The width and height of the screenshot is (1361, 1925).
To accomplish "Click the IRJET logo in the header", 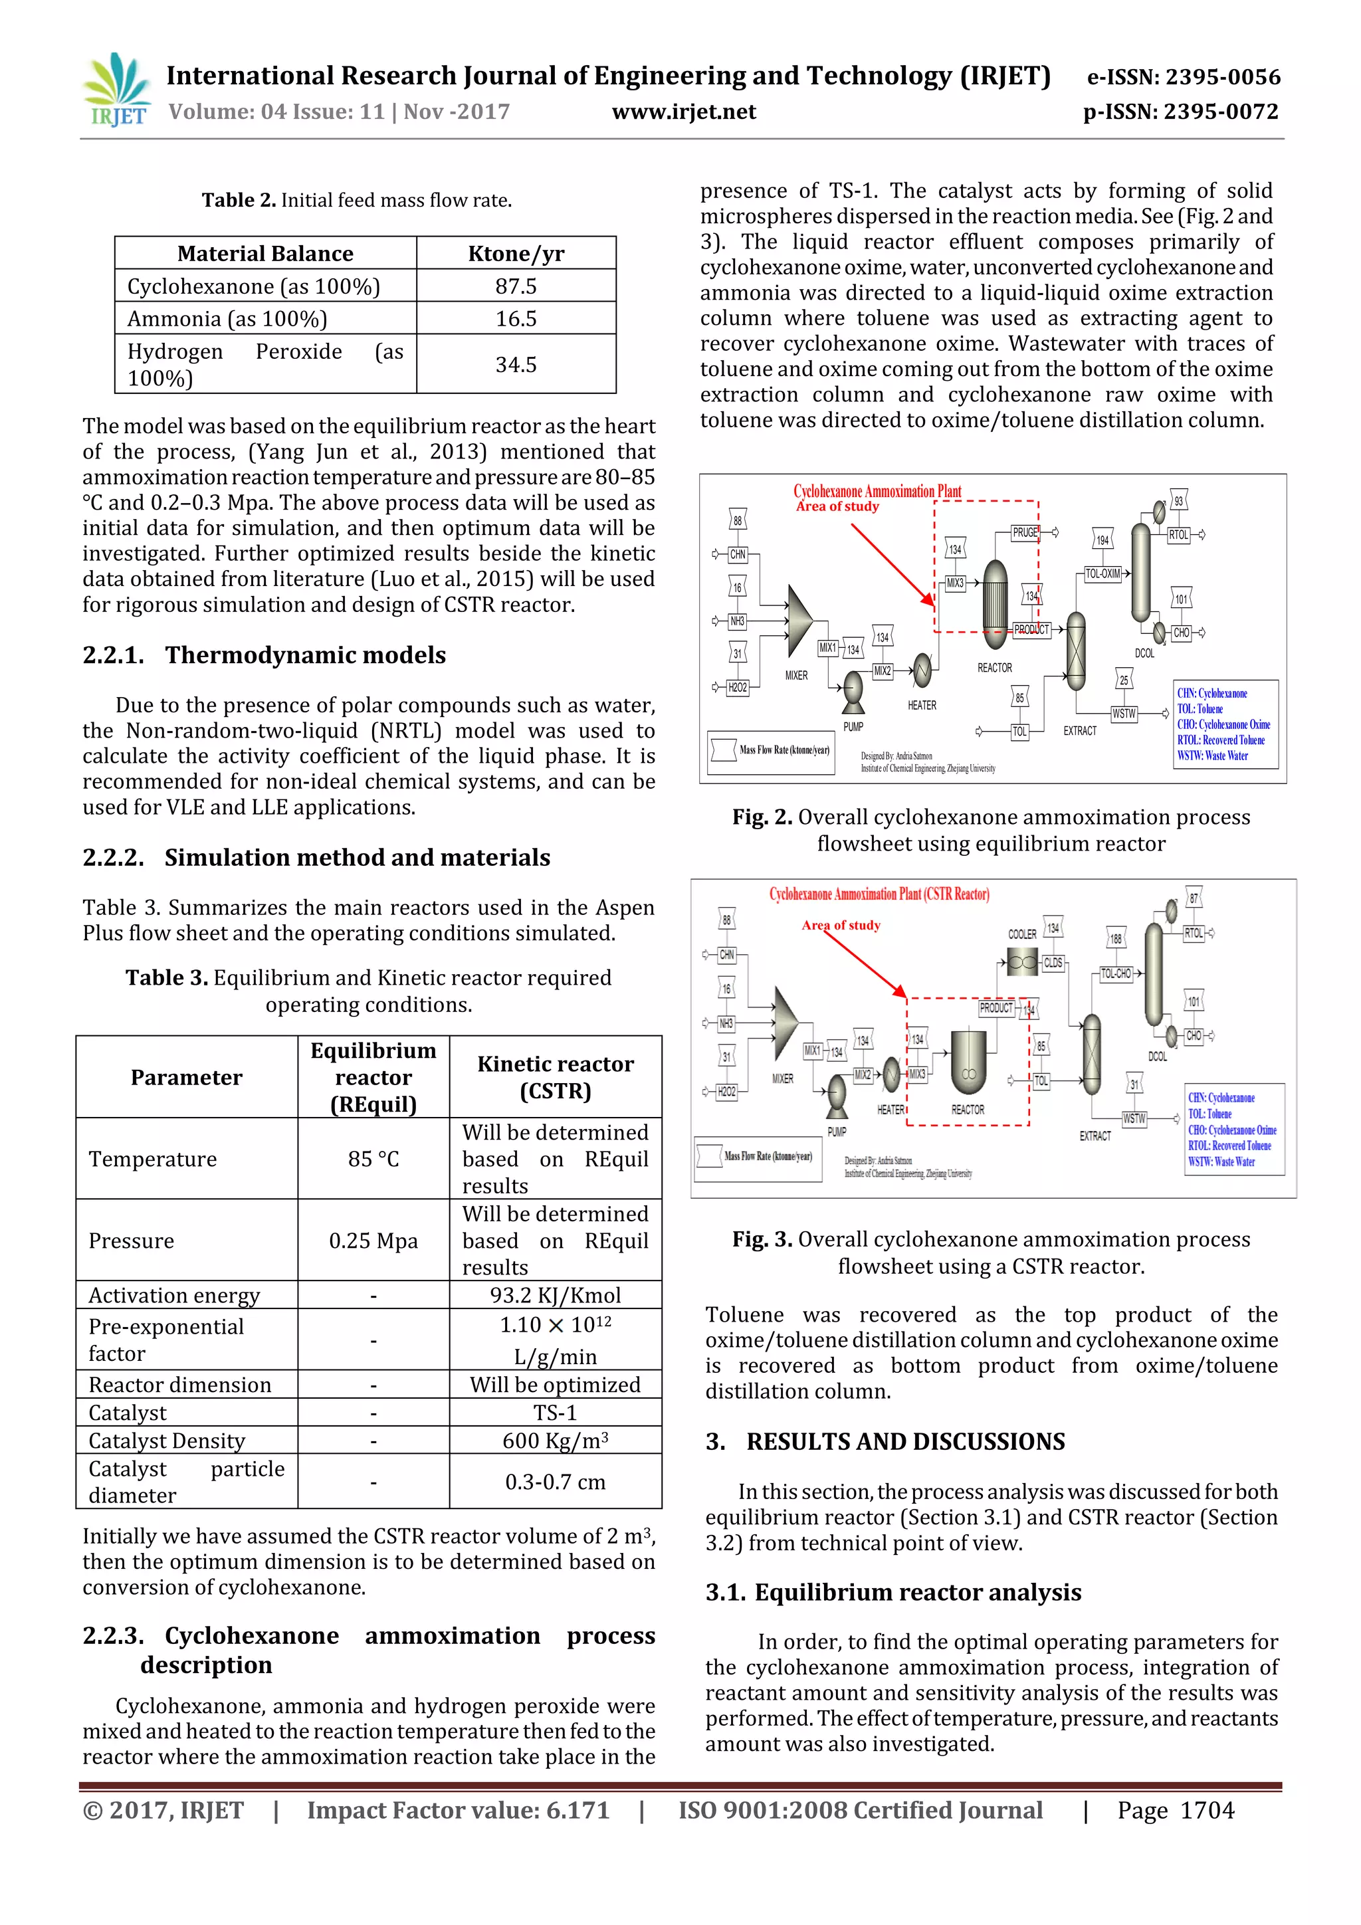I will tap(118, 90).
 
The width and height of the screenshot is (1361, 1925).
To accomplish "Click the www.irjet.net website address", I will tap(683, 112).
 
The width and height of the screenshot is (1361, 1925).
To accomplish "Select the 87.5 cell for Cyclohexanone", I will tap(516, 286).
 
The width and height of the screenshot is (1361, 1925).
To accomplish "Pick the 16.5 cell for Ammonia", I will tap(516, 318).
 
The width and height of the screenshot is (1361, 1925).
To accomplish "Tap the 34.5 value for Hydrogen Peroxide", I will tap(516, 364).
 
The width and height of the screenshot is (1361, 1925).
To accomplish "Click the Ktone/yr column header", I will tap(516, 253).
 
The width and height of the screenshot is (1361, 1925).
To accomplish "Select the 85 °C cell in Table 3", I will tap(373, 1159).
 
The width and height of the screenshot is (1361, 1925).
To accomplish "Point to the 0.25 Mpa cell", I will tap(373, 1240).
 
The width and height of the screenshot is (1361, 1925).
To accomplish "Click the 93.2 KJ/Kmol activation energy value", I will tap(555, 1295).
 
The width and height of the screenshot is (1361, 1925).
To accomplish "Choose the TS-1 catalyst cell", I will tap(555, 1413).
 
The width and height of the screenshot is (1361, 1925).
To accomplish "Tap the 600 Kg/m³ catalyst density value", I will tap(555, 1441).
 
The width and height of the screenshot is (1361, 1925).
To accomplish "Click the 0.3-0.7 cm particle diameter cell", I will tap(555, 1482).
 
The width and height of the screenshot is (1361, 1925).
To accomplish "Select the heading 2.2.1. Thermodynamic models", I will tap(264, 655).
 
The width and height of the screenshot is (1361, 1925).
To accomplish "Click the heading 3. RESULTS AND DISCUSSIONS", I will tap(885, 1441).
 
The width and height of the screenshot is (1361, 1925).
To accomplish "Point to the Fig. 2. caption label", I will tap(762, 817).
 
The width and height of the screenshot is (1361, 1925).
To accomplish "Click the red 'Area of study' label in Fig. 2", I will tap(837, 506).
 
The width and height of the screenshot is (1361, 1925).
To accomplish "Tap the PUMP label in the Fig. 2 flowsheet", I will tap(853, 727).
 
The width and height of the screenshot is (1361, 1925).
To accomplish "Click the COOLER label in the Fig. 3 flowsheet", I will tap(1021, 934).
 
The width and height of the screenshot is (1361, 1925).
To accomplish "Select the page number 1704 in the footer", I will tap(1207, 1810).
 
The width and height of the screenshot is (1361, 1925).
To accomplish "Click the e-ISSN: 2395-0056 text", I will tap(1183, 77).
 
